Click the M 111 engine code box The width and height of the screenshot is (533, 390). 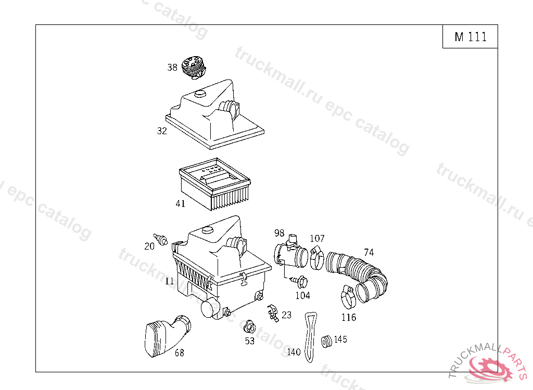pyautogui.click(x=470, y=36)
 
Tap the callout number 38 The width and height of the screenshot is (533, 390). pyautogui.click(x=172, y=67)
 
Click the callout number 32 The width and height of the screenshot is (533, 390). pyautogui.click(x=162, y=131)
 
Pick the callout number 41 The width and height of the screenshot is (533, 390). pyautogui.click(x=180, y=204)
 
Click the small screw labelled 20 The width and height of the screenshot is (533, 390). pyautogui.click(x=162, y=240)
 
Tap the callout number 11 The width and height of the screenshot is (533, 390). pyautogui.click(x=170, y=281)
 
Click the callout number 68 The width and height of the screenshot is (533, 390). pyautogui.click(x=179, y=353)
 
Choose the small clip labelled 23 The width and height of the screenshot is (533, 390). pyautogui.click(x=271, y=313)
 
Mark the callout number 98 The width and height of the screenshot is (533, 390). pyautogui.click(x=280, y=232)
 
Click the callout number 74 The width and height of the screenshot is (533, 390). pyautogui.click(x=369, y=253)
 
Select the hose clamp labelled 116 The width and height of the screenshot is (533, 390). pyautogui.click(x=348, y=296)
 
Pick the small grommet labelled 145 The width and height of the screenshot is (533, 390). pyautogui.click(x=327, y=342)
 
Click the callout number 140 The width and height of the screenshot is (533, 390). pyautogui.click(x=294, y=352)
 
